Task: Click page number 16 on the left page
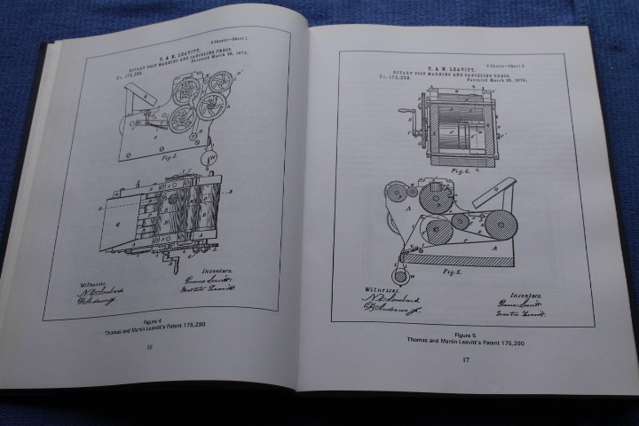150,347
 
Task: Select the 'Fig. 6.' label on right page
460,171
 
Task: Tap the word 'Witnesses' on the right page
377,288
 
